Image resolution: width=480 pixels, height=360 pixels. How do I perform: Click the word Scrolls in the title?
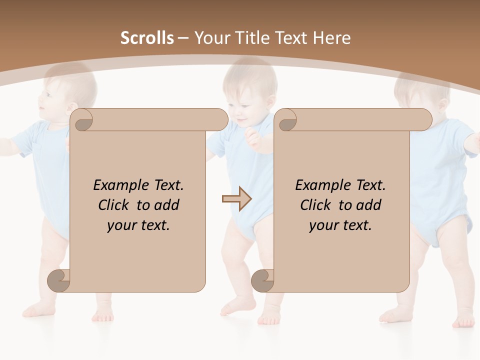click(147, 38)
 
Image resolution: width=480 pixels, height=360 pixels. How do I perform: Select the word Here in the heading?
click(331, 38)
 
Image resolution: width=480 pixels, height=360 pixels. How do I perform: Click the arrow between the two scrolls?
click(236, 199)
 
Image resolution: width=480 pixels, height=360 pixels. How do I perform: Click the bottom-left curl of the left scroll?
click(59, 281)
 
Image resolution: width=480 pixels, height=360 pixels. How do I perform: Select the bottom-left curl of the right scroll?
click(263, 281)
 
